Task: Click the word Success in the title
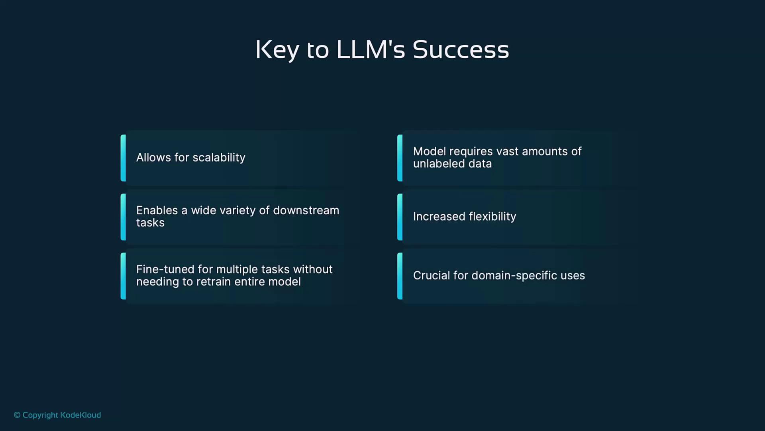[461, 50]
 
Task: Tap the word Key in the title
[277, 51]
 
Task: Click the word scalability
[219, 158]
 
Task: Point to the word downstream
[306, 210]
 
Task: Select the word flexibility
[492, 217]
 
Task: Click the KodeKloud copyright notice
[57, 415]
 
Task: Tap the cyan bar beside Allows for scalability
[123, 158]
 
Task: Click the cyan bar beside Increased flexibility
[400, 217]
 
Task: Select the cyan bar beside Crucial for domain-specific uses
[400, 276]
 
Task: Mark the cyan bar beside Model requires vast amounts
[400, 158]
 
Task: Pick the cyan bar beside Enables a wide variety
[123, 217]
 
